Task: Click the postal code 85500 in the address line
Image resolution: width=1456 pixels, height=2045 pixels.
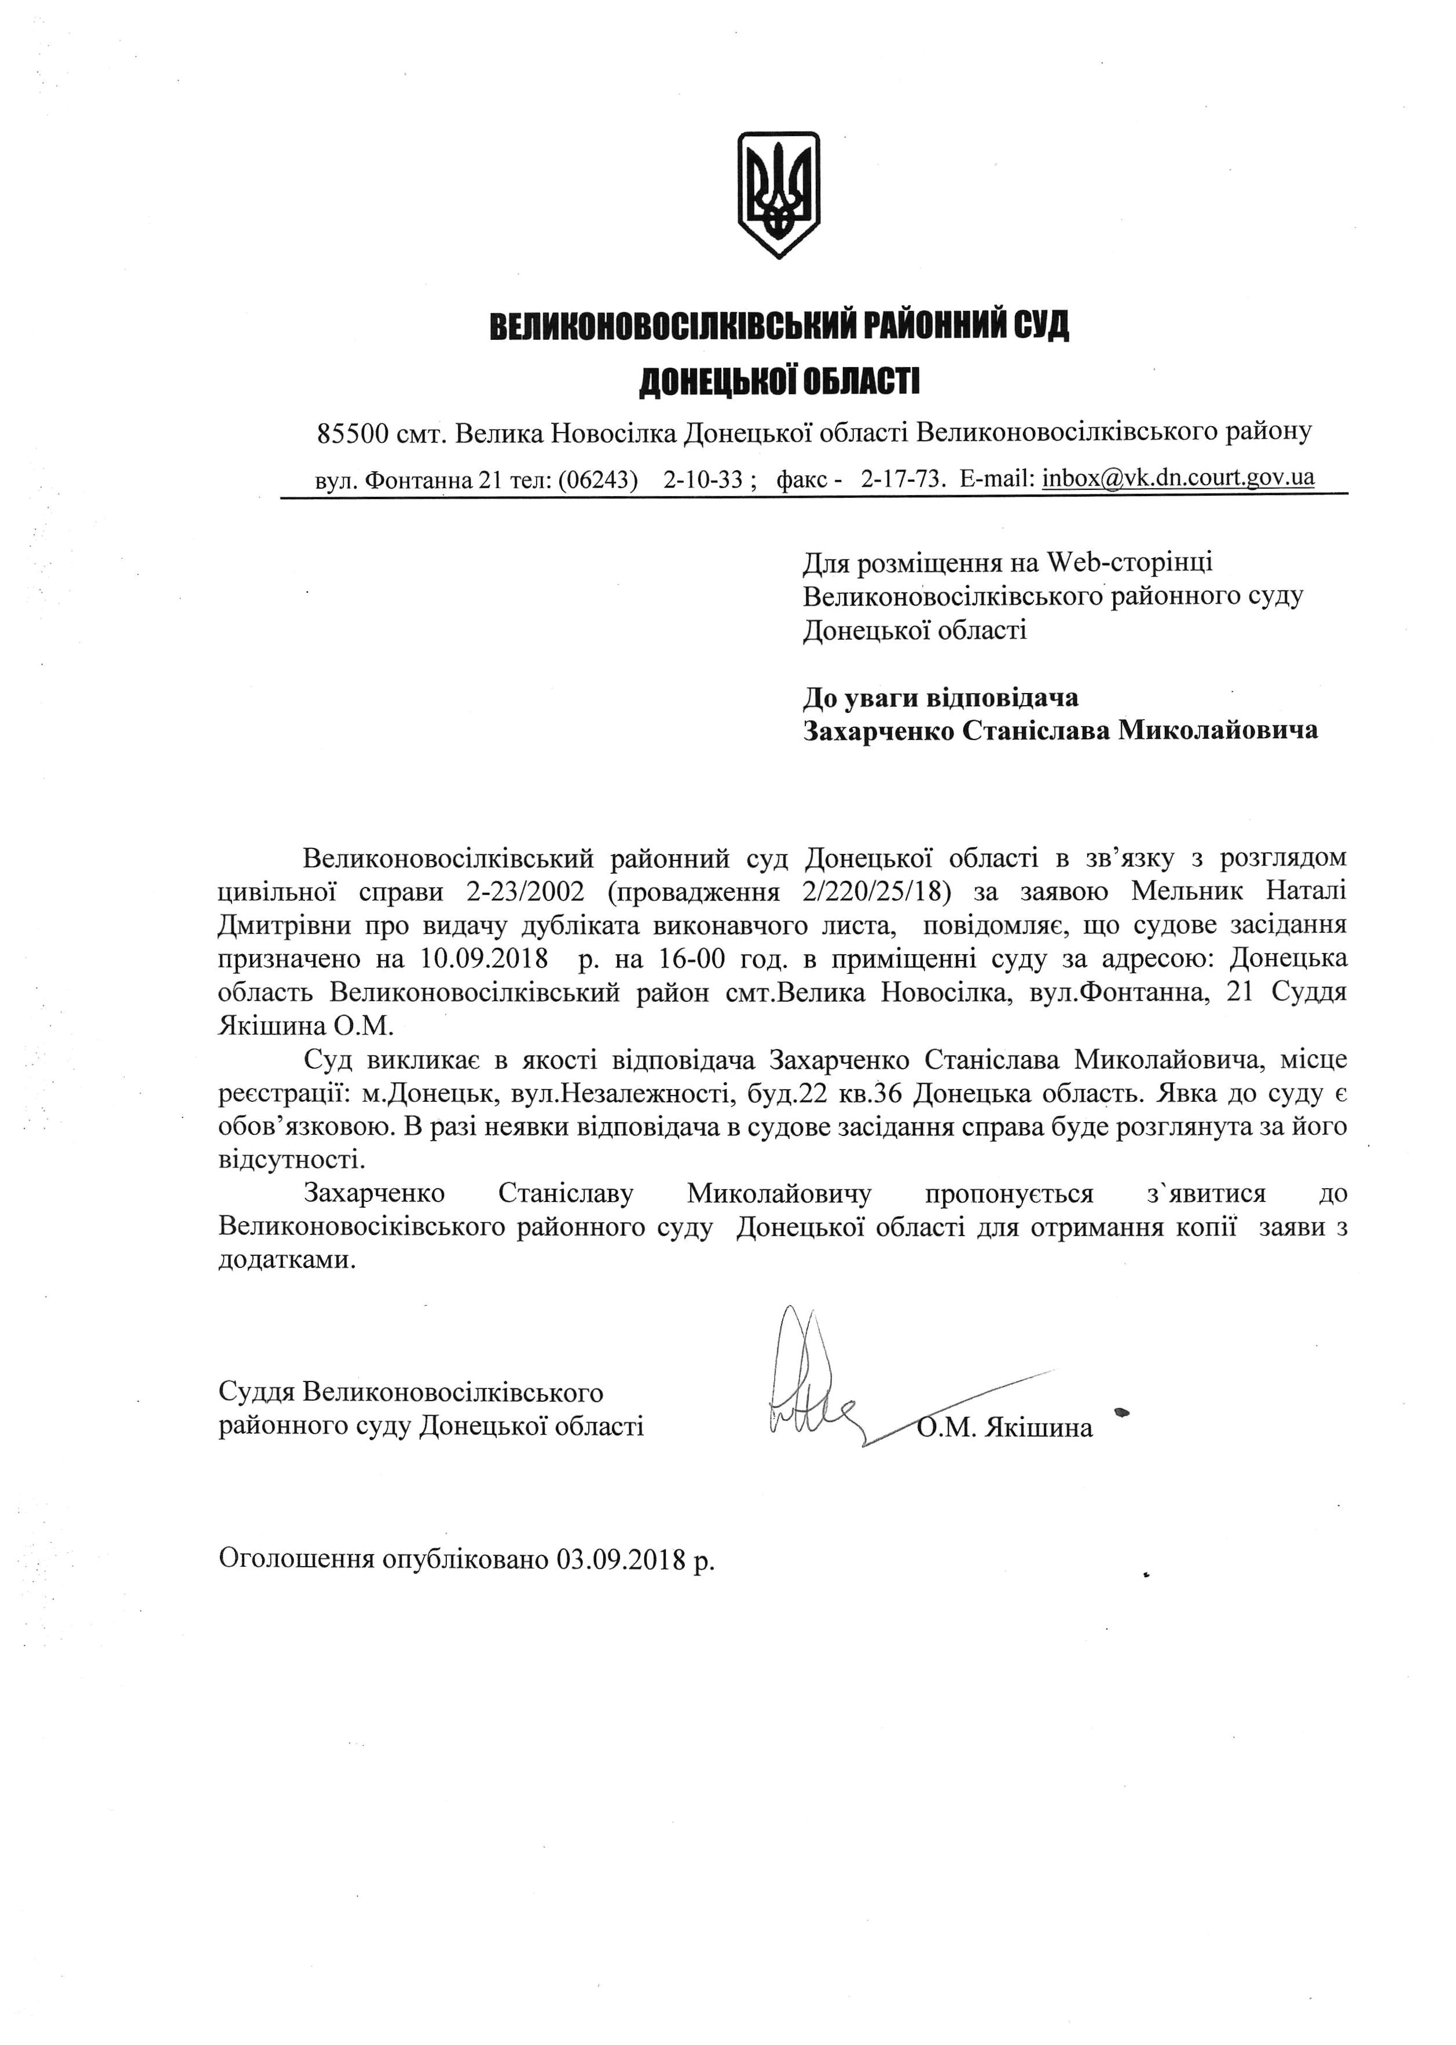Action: pyautogui.click(x=353, y=434)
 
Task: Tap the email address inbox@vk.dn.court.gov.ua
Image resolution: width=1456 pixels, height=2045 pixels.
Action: pyautogui.click(x=1178, y=477)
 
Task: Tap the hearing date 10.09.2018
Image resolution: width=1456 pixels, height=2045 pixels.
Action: pyautogui.click(x=483, y=958)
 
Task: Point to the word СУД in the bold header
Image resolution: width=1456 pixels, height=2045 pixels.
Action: pyautogui.click(x=1040, y=325)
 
